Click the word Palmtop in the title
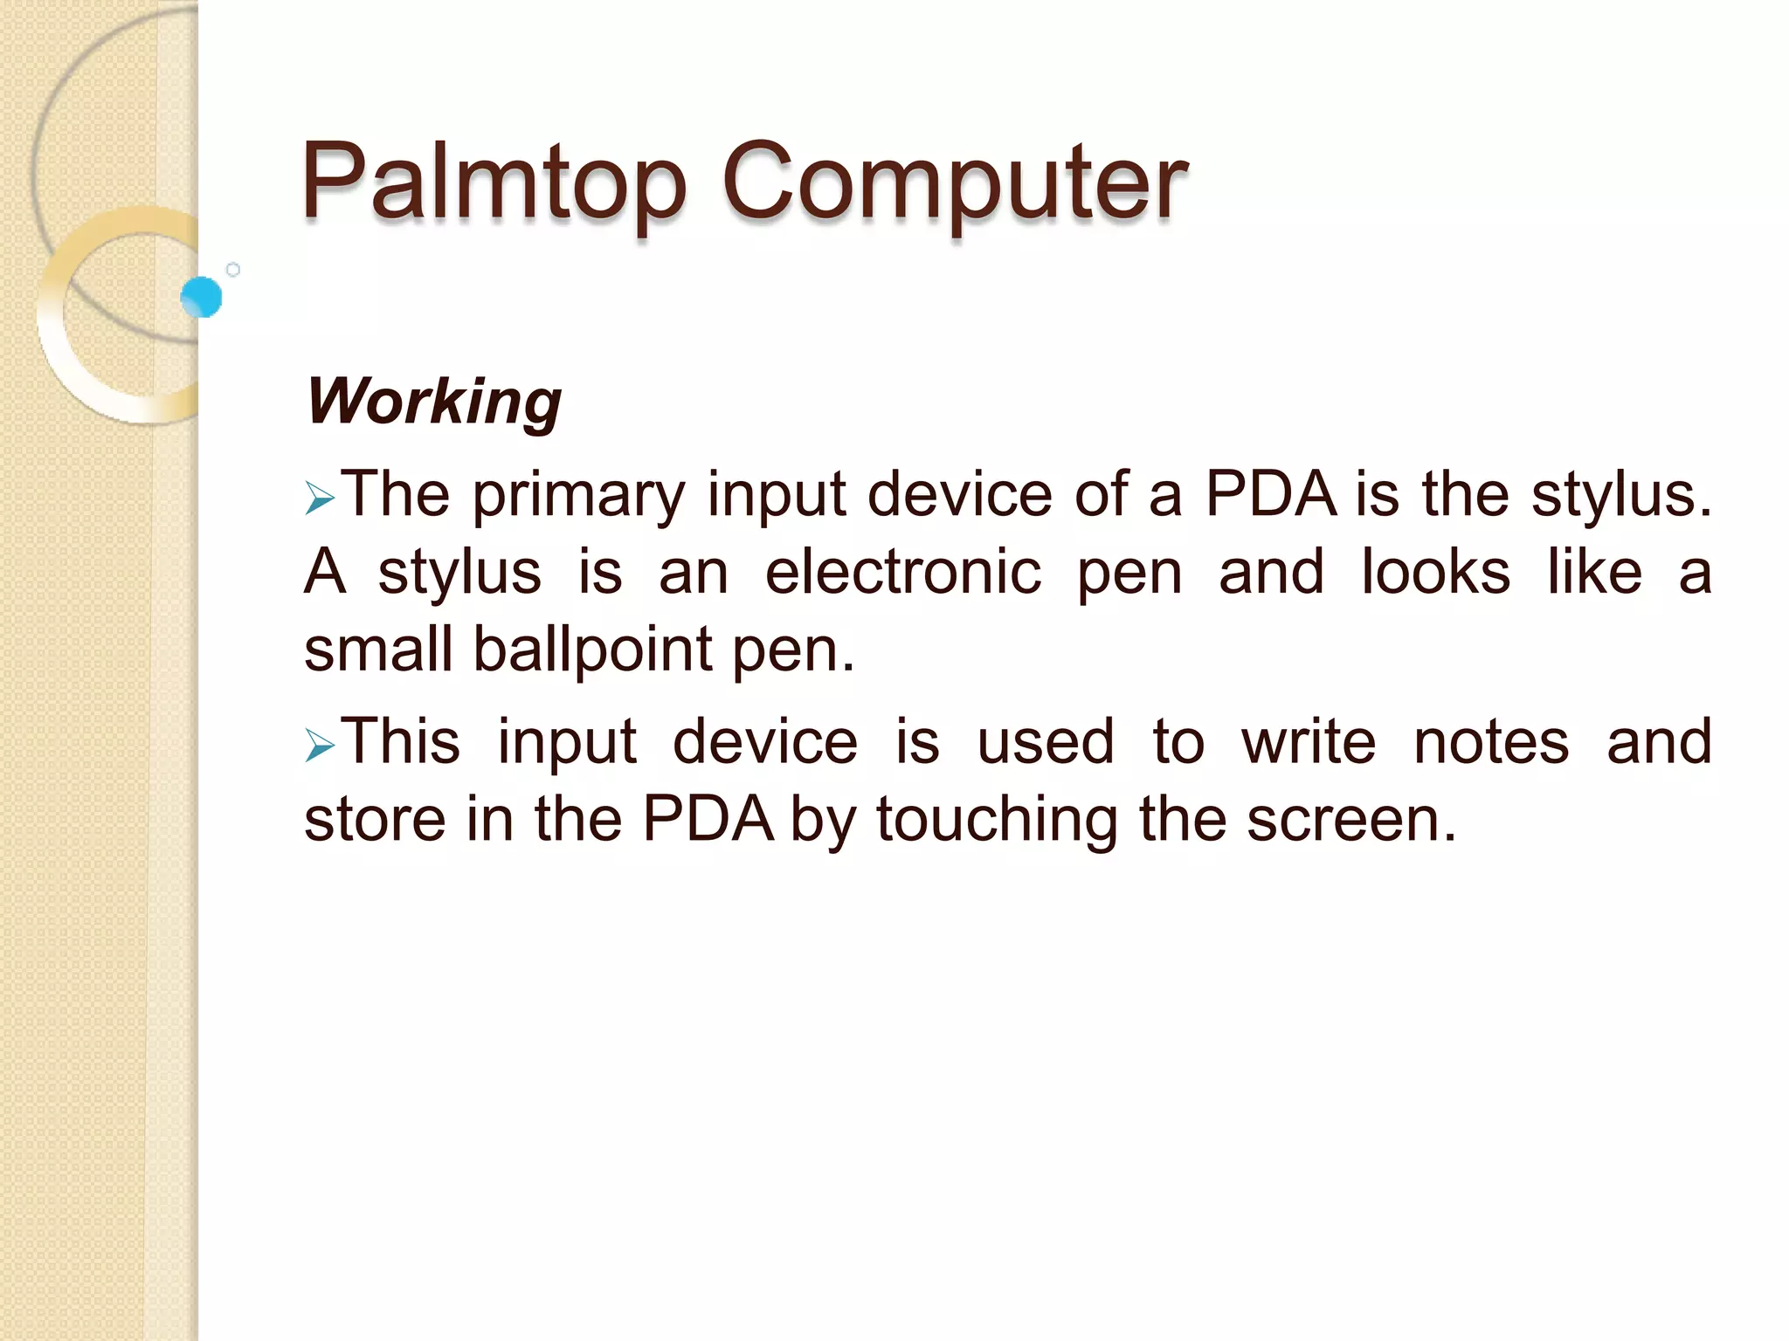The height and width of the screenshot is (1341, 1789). point(494,182)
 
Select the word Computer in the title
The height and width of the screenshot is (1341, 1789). point(954,182)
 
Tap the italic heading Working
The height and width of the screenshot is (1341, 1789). point(434,402)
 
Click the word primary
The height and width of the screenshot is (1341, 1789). point(579,496)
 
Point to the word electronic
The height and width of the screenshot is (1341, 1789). point(903,573)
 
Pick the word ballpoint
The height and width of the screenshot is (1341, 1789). point(592,650)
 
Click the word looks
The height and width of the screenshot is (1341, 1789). point(1435,573)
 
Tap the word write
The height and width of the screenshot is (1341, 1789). point(1309,742)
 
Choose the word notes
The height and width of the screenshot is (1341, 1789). point(1491,742)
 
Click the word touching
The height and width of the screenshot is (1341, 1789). point(997,821)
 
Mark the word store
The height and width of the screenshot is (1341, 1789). point(375,821)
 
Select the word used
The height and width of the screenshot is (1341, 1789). point(1045,742)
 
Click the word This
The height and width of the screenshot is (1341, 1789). point(400,742)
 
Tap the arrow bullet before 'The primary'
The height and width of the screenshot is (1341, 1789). point(320,500)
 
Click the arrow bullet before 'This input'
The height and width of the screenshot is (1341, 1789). point(320,747)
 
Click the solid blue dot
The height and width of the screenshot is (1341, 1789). point(202,297)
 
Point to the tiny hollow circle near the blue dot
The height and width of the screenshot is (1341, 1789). point(233,270)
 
